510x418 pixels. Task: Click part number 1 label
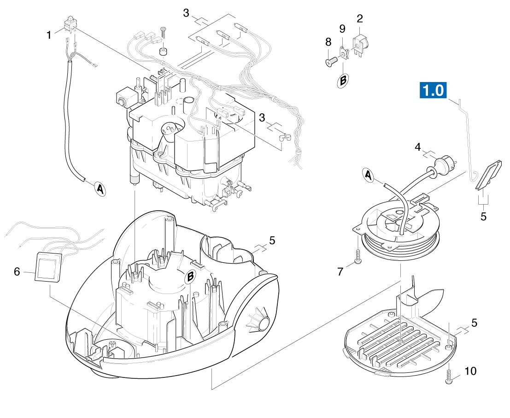point(49,35)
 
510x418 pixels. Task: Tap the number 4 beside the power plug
point(417,148)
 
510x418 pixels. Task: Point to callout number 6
point(17,272)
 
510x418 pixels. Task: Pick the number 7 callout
point(340,271)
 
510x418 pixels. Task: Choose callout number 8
point(328,42)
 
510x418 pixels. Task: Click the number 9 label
point(342,29)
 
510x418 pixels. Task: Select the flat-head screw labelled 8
point(331,61)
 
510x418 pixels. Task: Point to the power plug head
point(446,165)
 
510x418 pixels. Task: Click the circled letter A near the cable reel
point(369,175)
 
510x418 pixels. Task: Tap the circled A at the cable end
point(100,188)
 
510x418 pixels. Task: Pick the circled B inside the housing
point(190,277)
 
